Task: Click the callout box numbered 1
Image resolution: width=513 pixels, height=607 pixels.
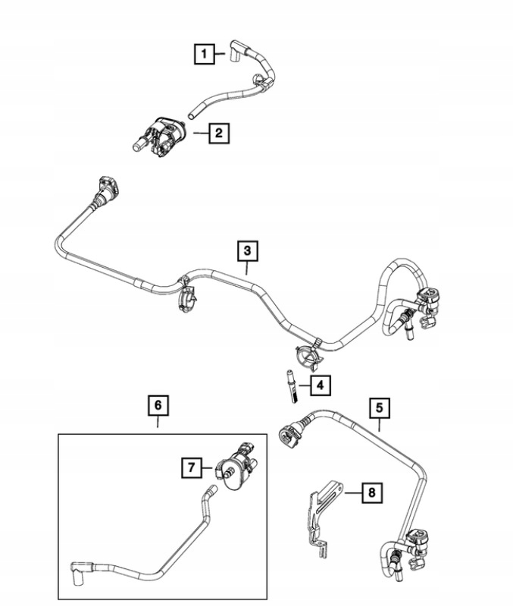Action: [x=202, y=54]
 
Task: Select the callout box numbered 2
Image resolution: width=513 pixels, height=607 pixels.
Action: [x=217, y=134]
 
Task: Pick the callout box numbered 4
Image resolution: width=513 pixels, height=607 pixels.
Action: [x=320, y=385]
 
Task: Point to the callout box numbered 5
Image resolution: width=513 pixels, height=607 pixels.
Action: [x=380, y=408]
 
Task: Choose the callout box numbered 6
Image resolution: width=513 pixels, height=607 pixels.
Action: [x=158, y=406]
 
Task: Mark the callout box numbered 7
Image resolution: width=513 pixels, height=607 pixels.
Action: [x=191, y=468]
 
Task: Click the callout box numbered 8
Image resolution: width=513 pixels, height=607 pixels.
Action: [x=371, y=493]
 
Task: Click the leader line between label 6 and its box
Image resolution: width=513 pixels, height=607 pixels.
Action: [x=158, y=424]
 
